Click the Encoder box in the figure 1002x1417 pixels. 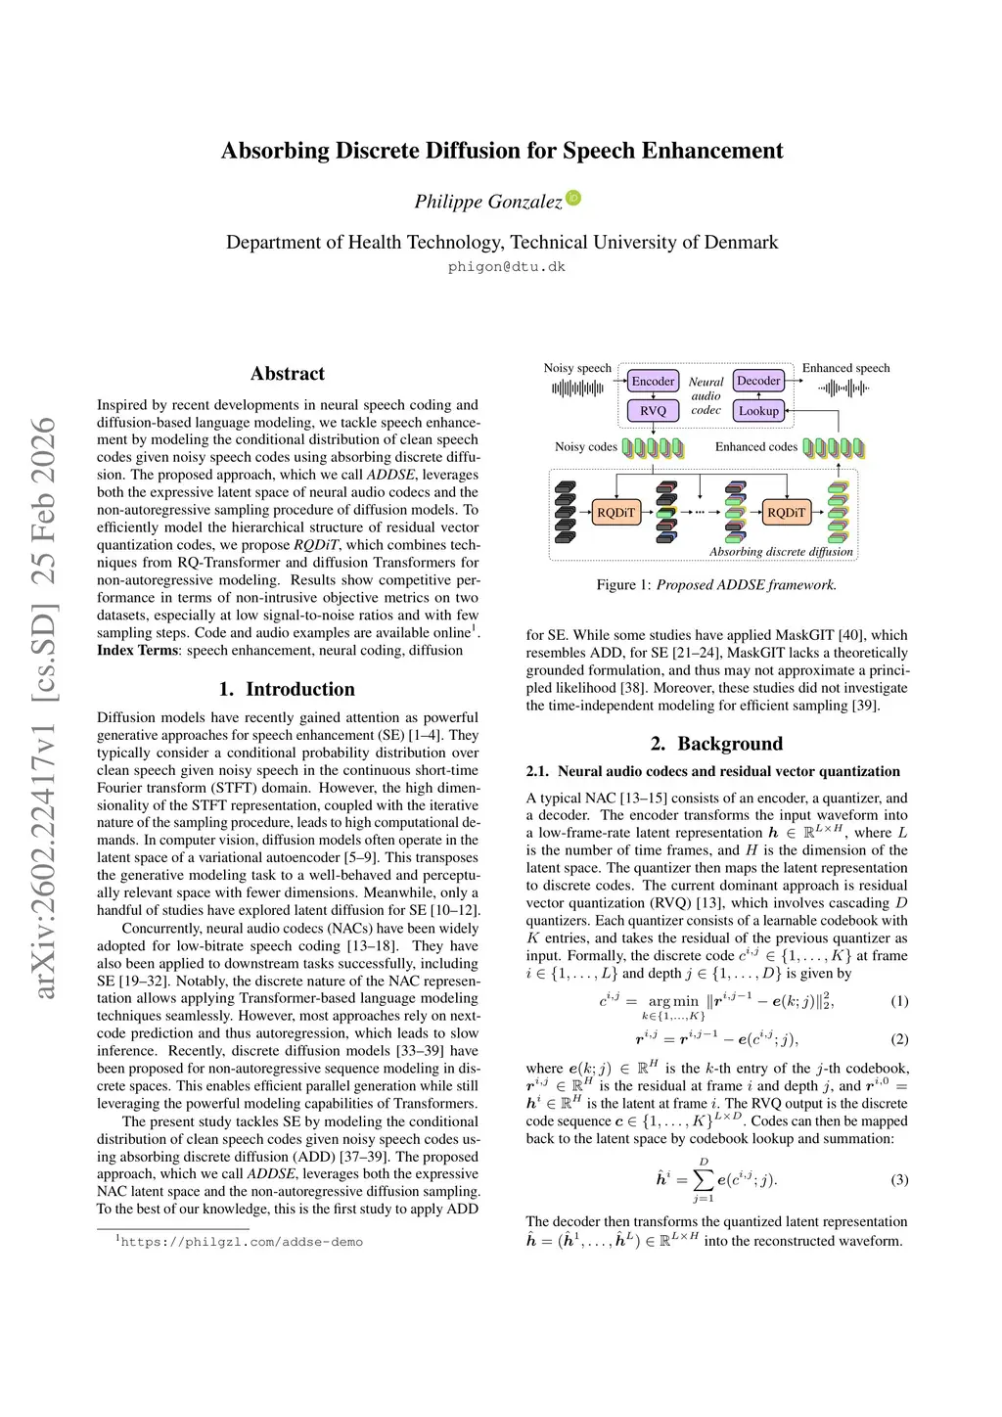coord(653,382)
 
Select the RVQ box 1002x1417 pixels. coord(653,411)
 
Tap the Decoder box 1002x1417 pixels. coord(758,381)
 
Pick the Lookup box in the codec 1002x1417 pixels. coord(758,411)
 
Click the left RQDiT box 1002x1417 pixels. coord(615,512)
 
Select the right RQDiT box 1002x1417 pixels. coord(786,512)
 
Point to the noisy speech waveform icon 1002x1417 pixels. coord(577,389)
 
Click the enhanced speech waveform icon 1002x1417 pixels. coord(843,389)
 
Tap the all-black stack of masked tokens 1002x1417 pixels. coord(566,511)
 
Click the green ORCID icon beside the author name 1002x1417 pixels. coord(574,198)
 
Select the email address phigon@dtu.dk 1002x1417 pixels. coord(507,266)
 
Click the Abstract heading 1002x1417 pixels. coord(288,373)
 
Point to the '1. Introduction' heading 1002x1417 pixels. coord(287,689)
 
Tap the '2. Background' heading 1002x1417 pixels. coord(717,744)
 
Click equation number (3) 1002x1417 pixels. coord(899,1179)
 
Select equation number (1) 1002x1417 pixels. coord(899,1001)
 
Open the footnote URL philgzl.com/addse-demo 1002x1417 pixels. coord(242,1242)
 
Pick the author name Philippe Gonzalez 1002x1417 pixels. coord(488,202)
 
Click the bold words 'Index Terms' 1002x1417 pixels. coord(137,650)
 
